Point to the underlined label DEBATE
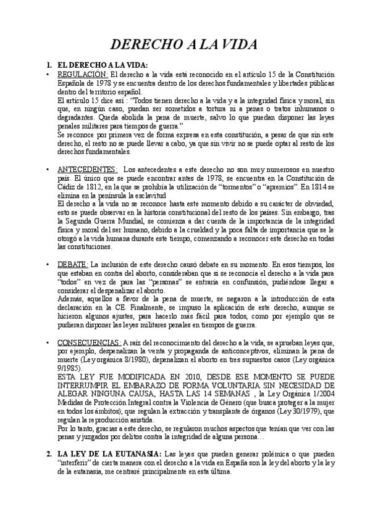[x=68, y=264]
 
